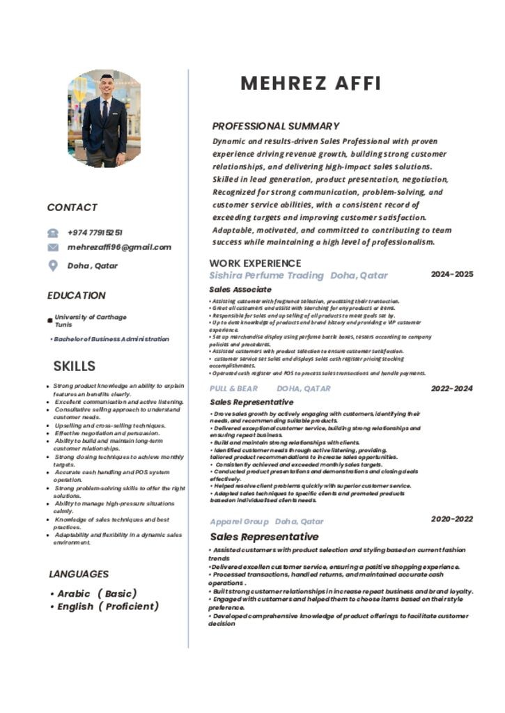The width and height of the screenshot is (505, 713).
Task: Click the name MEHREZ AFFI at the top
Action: click(311, 84)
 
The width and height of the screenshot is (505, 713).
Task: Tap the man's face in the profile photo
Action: click(106, 88)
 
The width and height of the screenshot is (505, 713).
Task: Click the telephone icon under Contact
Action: click(53, 233)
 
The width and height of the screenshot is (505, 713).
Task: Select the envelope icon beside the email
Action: click(53, 247)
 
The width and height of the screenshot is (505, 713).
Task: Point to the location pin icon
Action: click(53, 265)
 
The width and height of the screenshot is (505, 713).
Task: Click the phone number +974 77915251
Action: click(95, 233)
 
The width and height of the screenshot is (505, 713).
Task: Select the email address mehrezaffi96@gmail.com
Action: click(119, 247)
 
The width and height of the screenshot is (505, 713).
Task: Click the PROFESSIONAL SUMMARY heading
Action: click(276, 126)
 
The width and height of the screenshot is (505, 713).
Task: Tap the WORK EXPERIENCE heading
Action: click(255, 263)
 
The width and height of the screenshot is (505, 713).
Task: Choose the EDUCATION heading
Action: click(77, 295)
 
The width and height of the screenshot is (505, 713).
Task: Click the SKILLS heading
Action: click(75, 366)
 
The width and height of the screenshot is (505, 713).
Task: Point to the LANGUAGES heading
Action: click(79, 574)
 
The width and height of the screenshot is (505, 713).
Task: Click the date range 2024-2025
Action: click(452, 274)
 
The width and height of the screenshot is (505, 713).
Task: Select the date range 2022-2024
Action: click(452, 389)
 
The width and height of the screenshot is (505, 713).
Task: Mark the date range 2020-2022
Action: click(452, 519)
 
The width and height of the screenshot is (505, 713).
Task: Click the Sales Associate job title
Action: click(240, 289)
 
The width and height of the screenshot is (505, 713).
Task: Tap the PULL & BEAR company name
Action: click(233, 389)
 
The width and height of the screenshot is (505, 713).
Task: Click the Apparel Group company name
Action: click(240, 522)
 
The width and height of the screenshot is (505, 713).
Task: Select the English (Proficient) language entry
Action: click(107, 606)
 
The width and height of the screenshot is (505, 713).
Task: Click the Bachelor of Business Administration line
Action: click(110, 339)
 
